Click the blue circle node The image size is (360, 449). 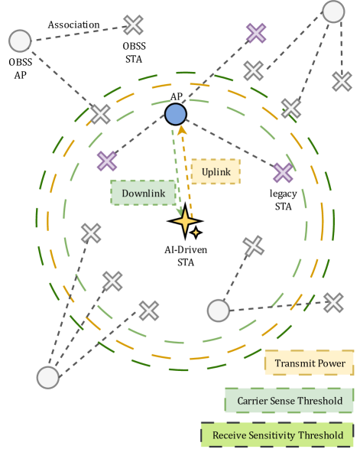(176, 115)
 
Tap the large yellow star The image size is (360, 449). (184, 222)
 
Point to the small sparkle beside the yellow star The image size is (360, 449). (196, 232)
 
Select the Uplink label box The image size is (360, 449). (216, 172)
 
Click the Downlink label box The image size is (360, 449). (143, 193)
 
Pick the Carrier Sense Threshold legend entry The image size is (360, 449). (290, 400)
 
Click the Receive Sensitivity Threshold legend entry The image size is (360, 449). (278, 435)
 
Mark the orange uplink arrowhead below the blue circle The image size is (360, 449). (183, 130)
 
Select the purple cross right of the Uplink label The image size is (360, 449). (283, 173)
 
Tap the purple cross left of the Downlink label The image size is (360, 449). (107, 161)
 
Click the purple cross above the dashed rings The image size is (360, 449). (256, 33)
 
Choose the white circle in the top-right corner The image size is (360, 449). (332, 11)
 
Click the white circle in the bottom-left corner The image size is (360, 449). (48, 377)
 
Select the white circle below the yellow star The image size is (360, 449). (218, 311)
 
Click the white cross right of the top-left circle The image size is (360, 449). (134, 25)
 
